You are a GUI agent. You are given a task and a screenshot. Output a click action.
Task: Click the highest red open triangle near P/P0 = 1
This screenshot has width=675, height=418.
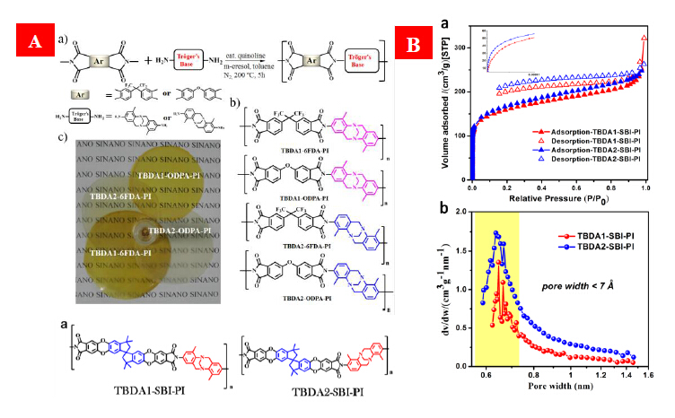(x=645, y=39)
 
